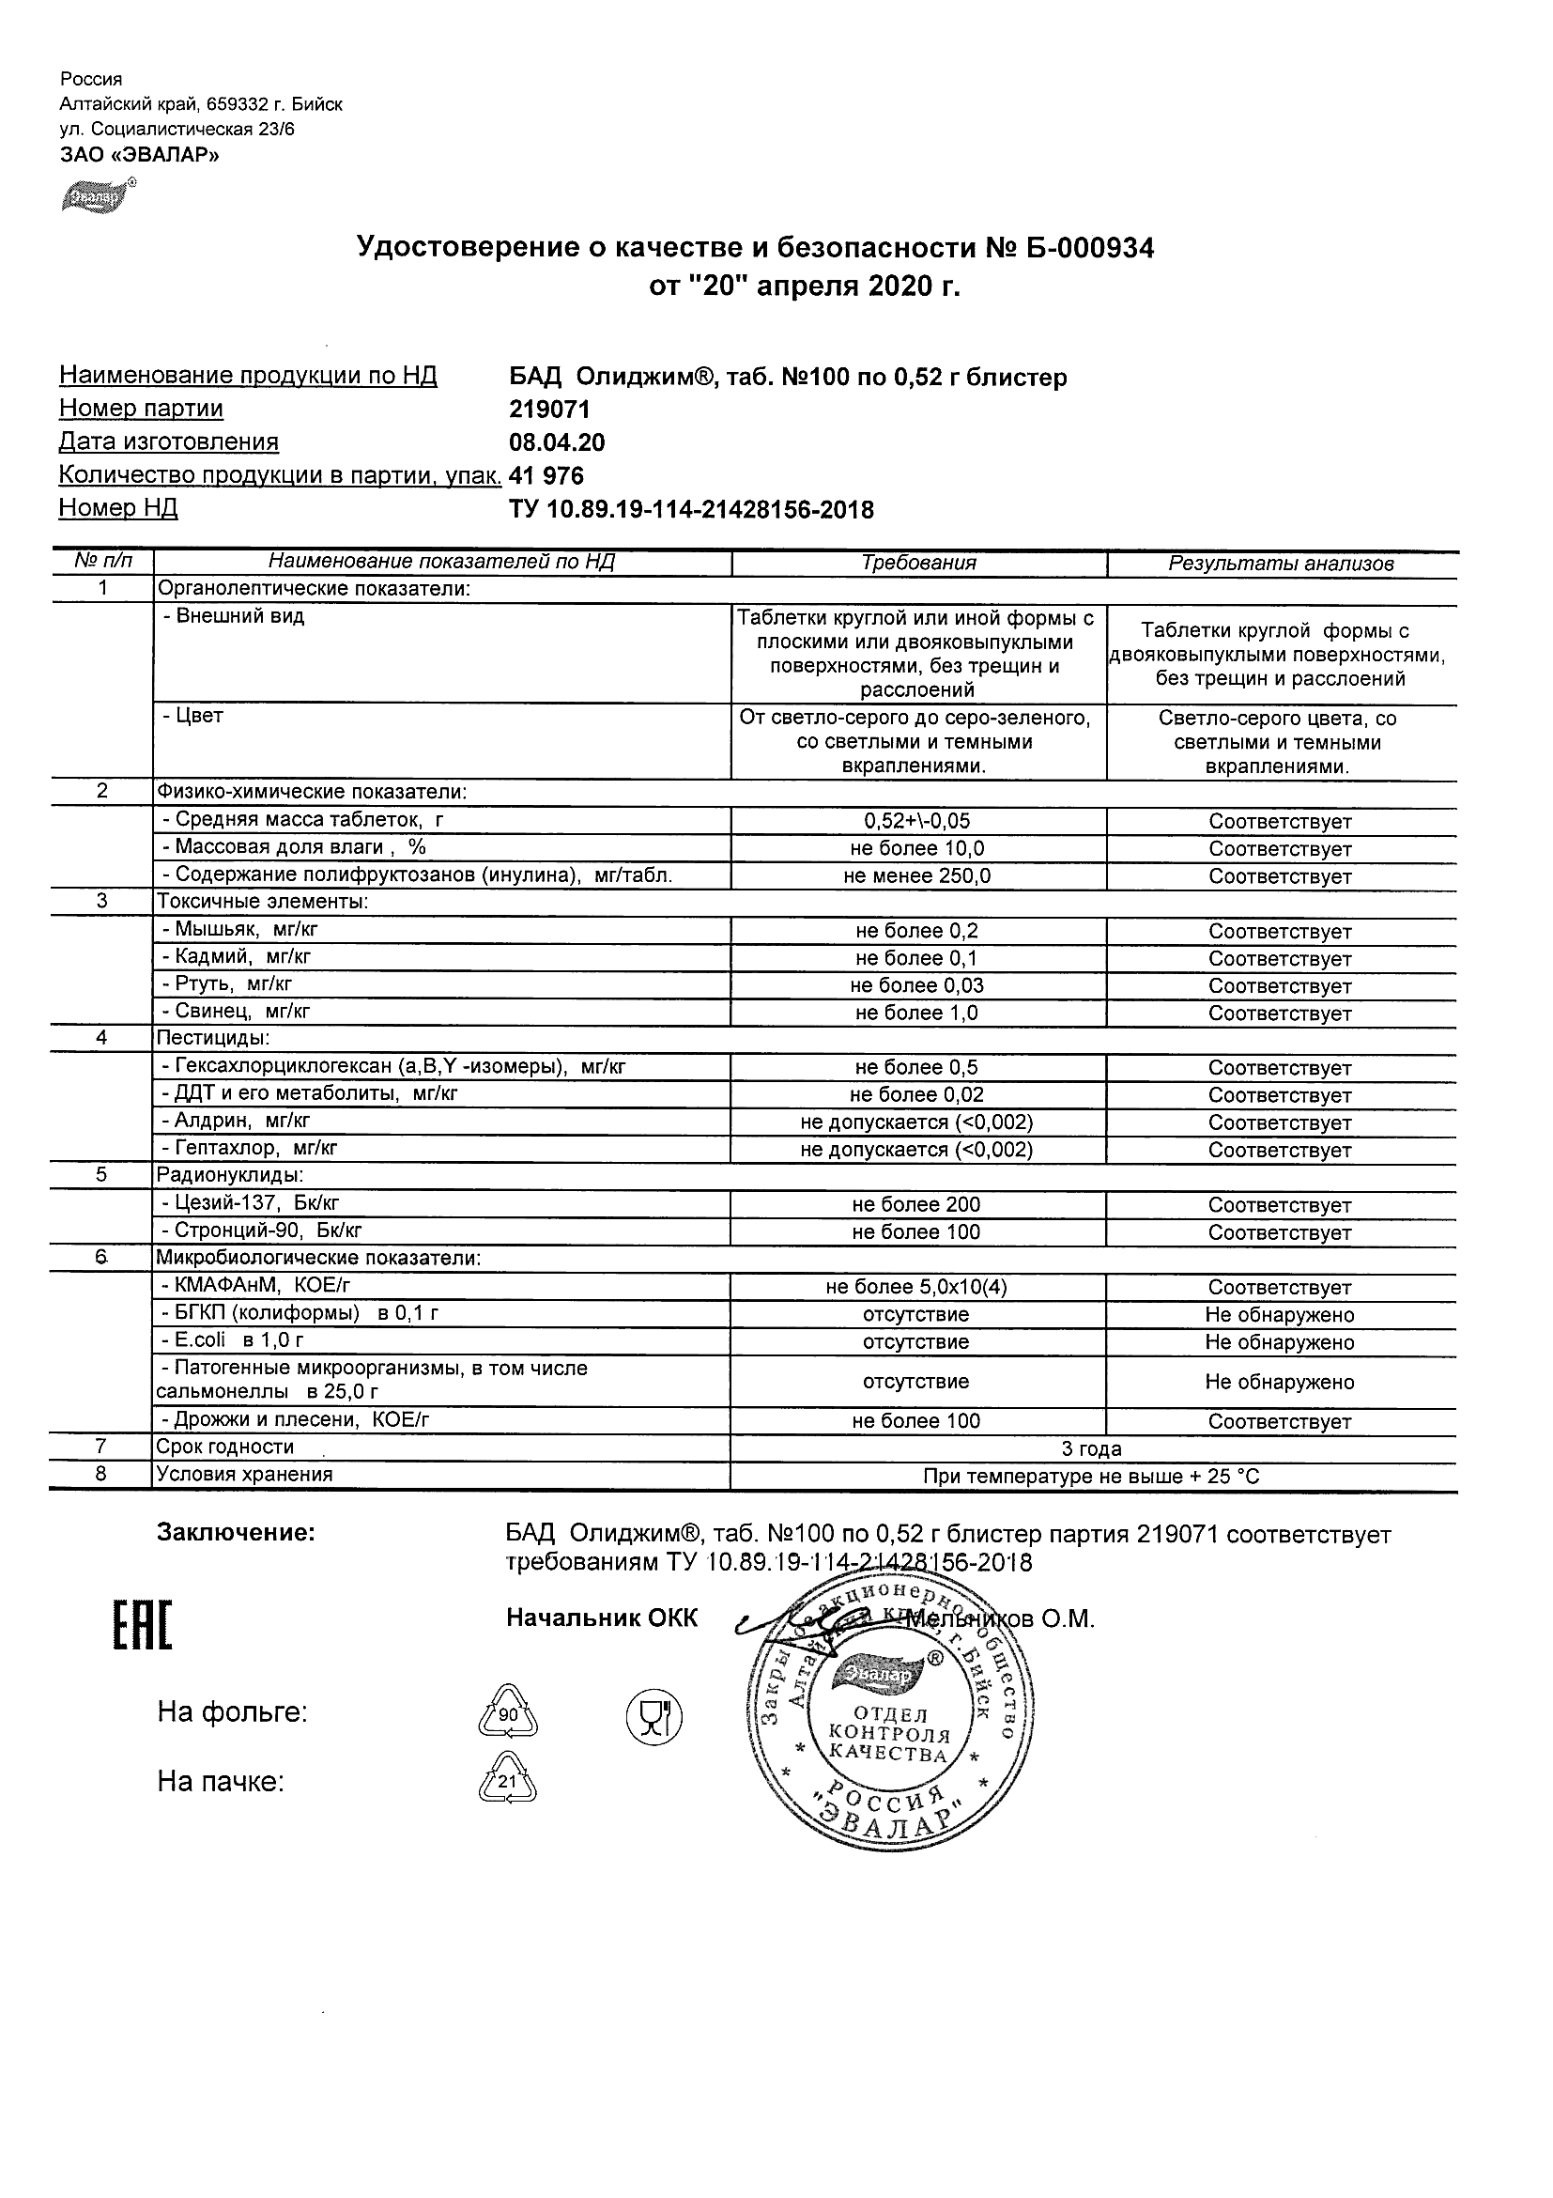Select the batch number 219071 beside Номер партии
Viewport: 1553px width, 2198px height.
point(549,410)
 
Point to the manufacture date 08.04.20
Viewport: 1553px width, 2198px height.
point(557,442)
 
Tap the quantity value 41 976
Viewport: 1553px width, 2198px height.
point(546,476)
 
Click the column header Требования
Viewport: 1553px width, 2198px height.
point(918,563)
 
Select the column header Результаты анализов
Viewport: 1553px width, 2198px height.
point(1281,564)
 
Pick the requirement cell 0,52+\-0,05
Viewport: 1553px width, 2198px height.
point(916,820)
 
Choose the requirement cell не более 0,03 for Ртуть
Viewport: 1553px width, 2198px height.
point(916,985)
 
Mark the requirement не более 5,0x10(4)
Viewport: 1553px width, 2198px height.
point(916,1287)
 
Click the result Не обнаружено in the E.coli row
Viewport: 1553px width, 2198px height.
point(1280,1342)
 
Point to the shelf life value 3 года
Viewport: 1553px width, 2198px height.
point(1092,1448)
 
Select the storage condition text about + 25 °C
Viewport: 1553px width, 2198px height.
point(1092,1477)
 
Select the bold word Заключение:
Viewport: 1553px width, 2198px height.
point(236,1533)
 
